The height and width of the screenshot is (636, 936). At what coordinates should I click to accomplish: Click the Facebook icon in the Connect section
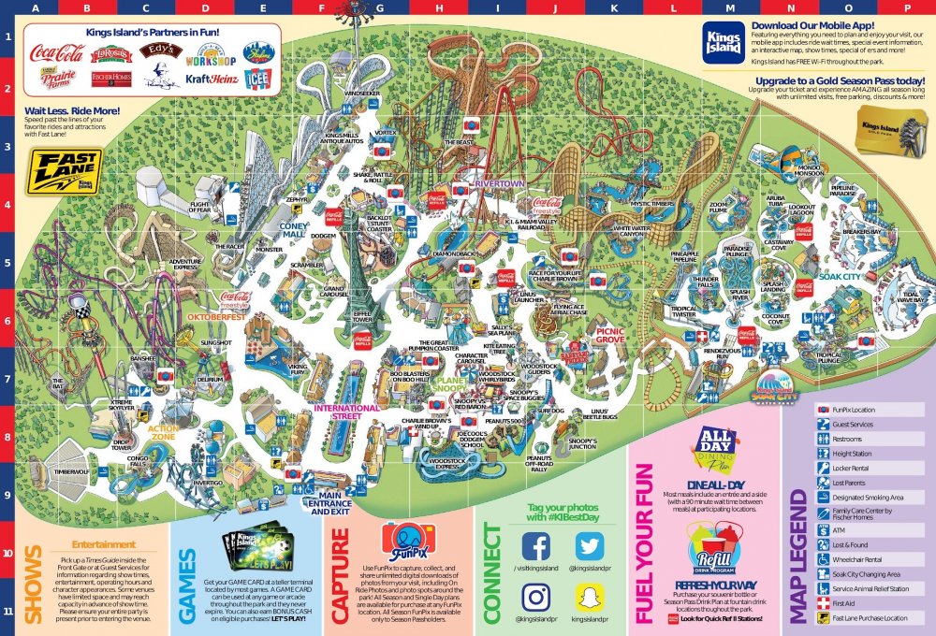(x=535, y=546)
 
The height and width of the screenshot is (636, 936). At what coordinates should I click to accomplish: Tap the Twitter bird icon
(x=590, y=546)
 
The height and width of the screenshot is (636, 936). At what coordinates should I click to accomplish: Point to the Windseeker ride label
(x=362, y=94)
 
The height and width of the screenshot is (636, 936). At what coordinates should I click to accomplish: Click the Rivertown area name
(x=501, y=184)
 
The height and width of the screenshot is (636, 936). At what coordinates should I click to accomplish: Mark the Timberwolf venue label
(x=70, y=472)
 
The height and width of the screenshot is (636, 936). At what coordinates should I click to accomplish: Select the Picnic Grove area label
(x=610, y=334)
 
